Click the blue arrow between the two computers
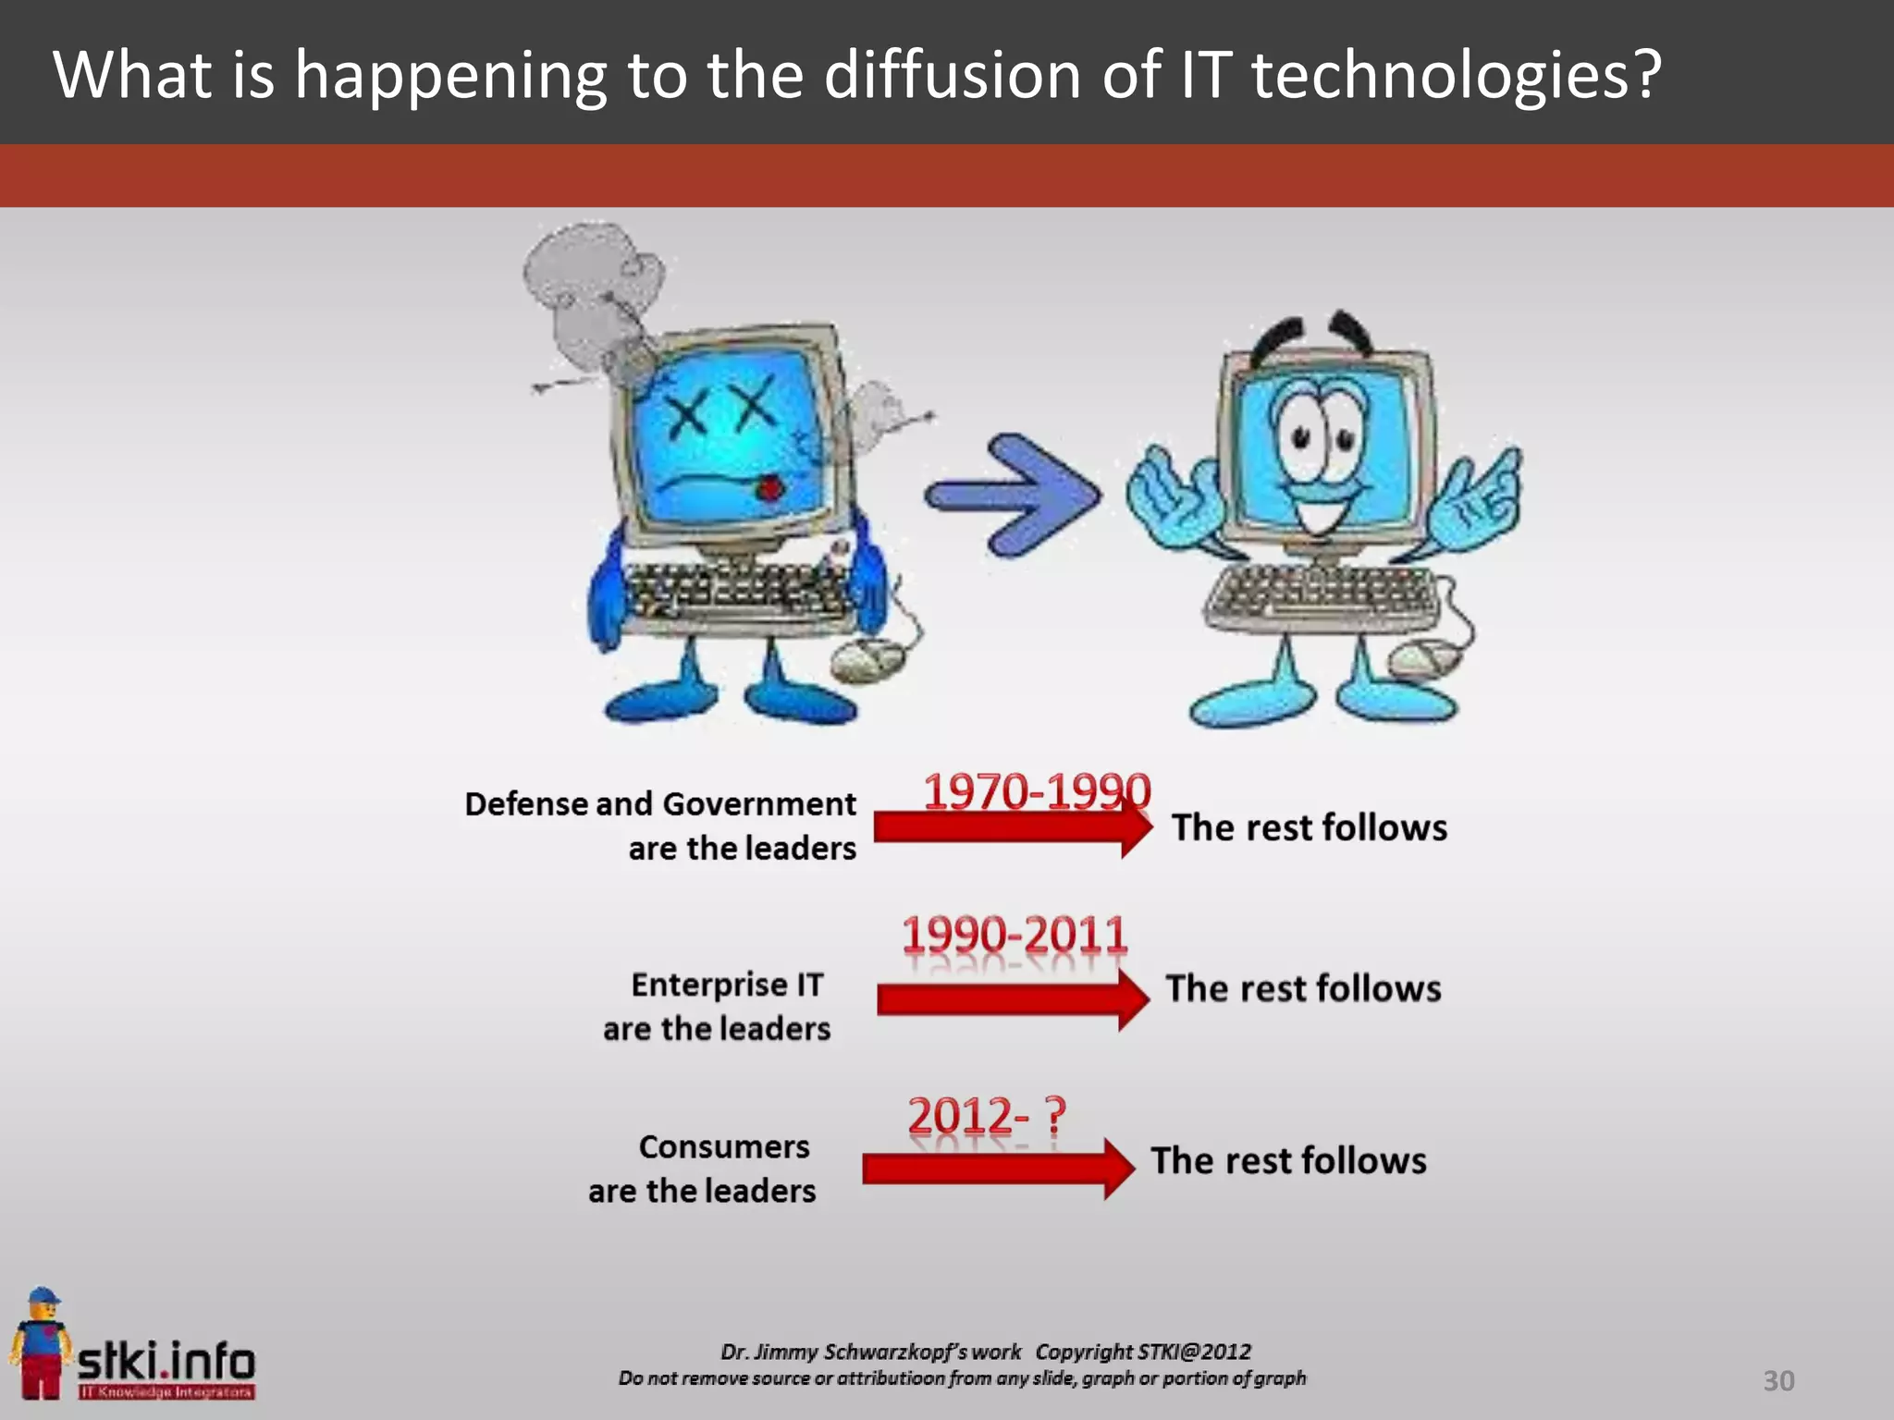[x=1013, y=496]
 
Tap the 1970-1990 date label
[x=1037, y=792]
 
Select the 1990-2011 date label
[x=1015, y=935]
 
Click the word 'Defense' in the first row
[x=526, y=803]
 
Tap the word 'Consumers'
[x=724, y=1146]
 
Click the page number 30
[x=1778, y=1380]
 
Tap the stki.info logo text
[x=166, y=1361]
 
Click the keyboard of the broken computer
[x=735, y=592]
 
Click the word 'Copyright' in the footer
[x=1084, y=1352]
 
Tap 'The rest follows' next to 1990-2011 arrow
[x=1303, y=988]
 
